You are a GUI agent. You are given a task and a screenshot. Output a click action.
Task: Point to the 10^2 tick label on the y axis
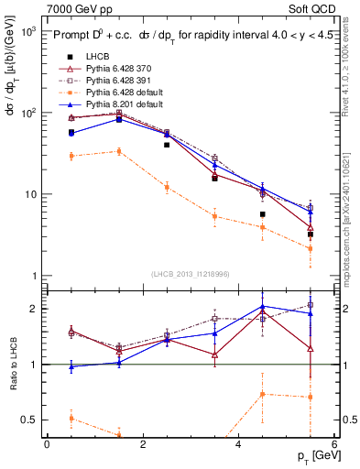27,113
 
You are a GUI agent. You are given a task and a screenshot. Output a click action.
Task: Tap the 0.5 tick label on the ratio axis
27,420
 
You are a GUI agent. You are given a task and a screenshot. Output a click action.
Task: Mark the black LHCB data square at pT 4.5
262,214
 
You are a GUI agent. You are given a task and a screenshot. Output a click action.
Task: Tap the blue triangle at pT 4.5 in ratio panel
262,307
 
